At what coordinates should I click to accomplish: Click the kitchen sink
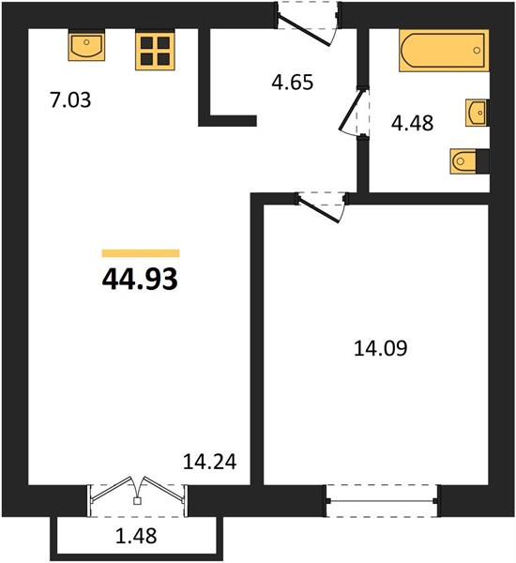point(86,45)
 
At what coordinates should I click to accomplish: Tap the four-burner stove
point(155,51)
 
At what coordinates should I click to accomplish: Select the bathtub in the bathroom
point(444,51)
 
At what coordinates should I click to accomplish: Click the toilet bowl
point(463,161)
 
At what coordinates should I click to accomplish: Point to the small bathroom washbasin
point(477,113)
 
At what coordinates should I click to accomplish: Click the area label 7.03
point(70,100)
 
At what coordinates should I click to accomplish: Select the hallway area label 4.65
point(293,83)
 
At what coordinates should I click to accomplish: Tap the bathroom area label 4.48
point(412,123)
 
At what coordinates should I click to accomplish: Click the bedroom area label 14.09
point(381,348)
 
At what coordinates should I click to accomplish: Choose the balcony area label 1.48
point(136,536)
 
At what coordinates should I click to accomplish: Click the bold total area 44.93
point(140,280)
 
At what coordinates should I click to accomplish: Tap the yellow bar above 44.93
point(141,253)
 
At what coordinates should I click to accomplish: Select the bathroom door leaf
point(351,110)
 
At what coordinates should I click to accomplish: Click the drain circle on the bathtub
point(477,51)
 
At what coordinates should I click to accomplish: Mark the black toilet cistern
point(482,161)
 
